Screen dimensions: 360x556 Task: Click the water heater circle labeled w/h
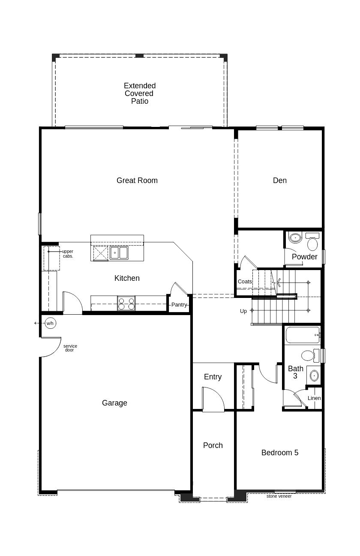(x=50, y=323)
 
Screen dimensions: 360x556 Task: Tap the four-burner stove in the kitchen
(x=126, y=303)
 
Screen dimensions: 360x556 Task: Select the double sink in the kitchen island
(x=119, y=253)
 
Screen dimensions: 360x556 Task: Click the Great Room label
(x=137, y=180)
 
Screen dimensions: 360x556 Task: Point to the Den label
(x=279, y=180)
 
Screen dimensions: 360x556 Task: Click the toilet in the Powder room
(x=312, y=241)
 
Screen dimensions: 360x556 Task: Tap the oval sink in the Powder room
(x=295, y=238)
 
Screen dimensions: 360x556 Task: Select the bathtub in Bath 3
(x=303, y=335)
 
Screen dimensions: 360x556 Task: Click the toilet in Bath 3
(x=310, y=355)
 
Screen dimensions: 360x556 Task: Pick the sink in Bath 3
(x=314, y=376)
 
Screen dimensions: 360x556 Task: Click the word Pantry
(x=179, y=305)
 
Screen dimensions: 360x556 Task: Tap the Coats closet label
(x=245, y=282)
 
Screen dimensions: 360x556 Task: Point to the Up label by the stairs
(x=243, y=311)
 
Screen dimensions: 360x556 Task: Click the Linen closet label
(x=314, y=398)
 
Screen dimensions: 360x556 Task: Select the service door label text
(x=70, y=348)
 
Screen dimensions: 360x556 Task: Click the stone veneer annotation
(x=279, y=496)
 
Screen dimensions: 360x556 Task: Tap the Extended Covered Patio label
(x=139, y=93)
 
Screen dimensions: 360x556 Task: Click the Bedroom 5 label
(x=279, y=453)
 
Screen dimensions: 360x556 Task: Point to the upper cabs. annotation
(x=68, y=254)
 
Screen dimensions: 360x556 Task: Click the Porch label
(x=213, y=445)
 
